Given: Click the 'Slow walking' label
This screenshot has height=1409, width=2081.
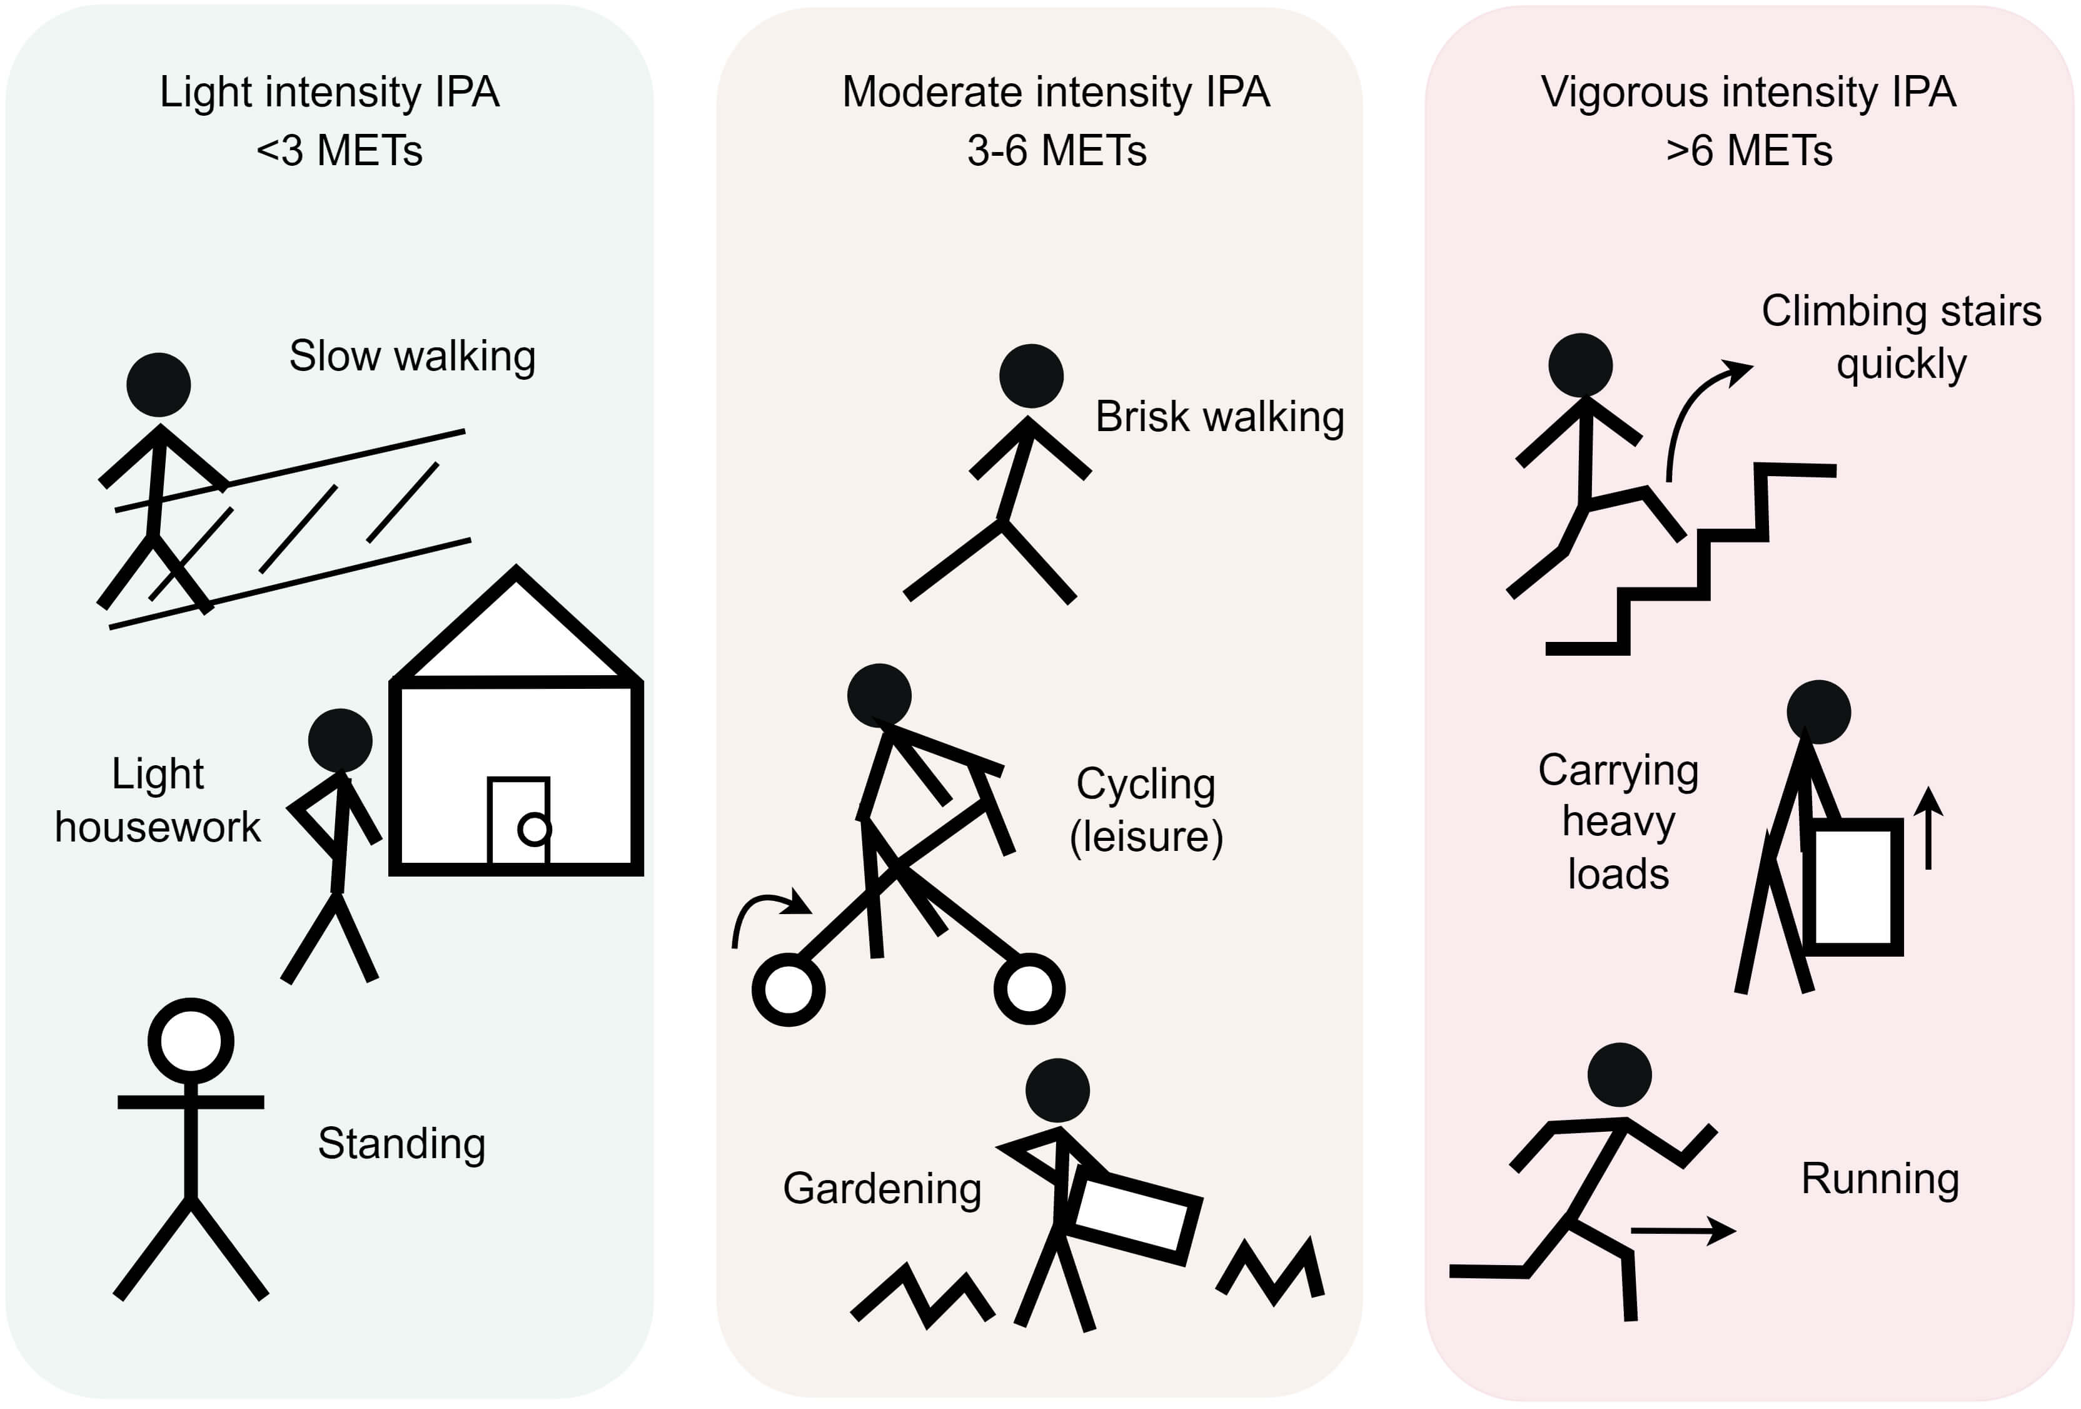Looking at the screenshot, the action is [x=412, y=357].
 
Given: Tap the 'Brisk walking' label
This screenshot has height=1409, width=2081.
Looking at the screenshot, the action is [x=1219, y=417].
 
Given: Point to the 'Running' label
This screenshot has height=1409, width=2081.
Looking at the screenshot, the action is [x=1880, y=1179].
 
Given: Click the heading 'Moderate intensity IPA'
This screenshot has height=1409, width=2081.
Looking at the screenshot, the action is [x=1057, y=92].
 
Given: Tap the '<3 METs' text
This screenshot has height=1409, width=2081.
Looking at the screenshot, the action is [x=340, y=151].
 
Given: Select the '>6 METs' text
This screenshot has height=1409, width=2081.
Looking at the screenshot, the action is [x=1749, y=151].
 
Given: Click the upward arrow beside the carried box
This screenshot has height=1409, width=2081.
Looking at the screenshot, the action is [x=1928, y=828].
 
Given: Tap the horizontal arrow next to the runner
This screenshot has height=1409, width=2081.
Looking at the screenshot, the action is [x=1683, y=1231].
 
